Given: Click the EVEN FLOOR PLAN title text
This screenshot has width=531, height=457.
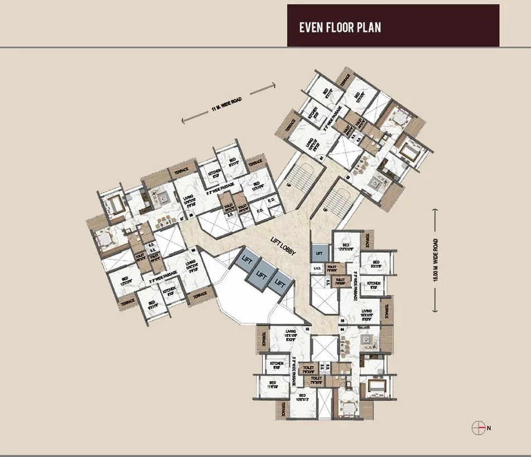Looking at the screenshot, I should tap(340, 27).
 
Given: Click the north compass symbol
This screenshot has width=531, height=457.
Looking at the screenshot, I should tap(478, 428).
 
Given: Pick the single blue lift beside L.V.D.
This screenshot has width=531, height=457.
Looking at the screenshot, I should tap(318, 253).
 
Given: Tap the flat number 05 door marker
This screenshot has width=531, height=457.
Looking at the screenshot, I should tap(307, 330).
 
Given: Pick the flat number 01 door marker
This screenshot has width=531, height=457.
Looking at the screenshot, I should tap(321, 159).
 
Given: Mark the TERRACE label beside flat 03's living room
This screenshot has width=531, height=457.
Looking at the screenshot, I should tap(386, 309).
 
